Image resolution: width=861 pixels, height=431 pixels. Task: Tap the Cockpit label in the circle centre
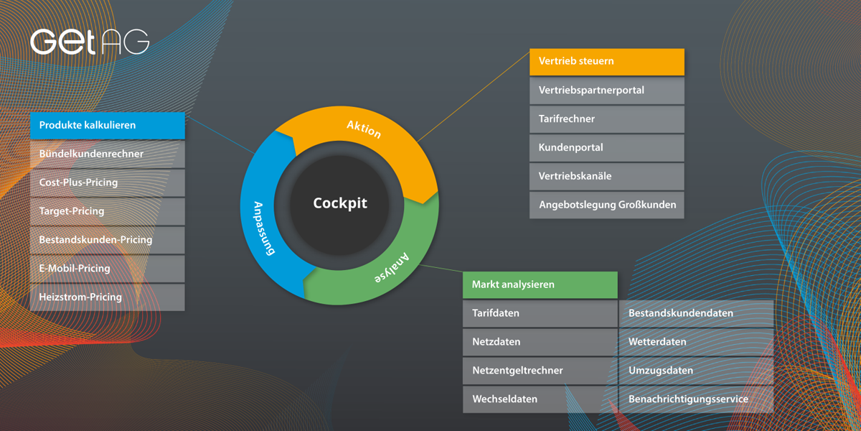(x=340, y=203)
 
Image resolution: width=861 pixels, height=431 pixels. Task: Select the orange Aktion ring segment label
(x=364, y=129)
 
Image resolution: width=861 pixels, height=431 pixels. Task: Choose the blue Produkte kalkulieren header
(x=108, y=126)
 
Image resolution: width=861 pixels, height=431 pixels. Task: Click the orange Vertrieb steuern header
(x=607, y=62)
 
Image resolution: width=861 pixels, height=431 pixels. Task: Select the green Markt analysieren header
(x=540, y=285)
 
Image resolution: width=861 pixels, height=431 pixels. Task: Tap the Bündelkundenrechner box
(x=108, y=154)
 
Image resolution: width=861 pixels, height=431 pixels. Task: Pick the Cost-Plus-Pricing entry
(x=108, y=182)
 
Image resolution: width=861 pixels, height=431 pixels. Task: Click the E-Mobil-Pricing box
(x=108, y=269)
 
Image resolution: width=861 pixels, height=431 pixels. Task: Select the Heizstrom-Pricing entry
(x=108, y=297)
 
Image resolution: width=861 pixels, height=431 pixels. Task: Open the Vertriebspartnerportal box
(x=607, y=91)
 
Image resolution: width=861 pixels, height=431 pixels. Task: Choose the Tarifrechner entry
(x=607, y=119)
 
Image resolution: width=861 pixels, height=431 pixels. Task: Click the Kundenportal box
(x=607, y=148)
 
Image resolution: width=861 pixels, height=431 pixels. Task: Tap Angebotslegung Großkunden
(x=607, y=205)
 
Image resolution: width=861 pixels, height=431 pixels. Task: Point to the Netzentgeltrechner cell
(x=540, y=371)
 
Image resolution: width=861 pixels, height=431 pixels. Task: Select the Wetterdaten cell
(x=696, y=342)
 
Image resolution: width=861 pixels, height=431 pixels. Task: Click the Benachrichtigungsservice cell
(x=696, y=399)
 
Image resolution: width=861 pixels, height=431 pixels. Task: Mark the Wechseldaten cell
(x=540, y=399)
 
